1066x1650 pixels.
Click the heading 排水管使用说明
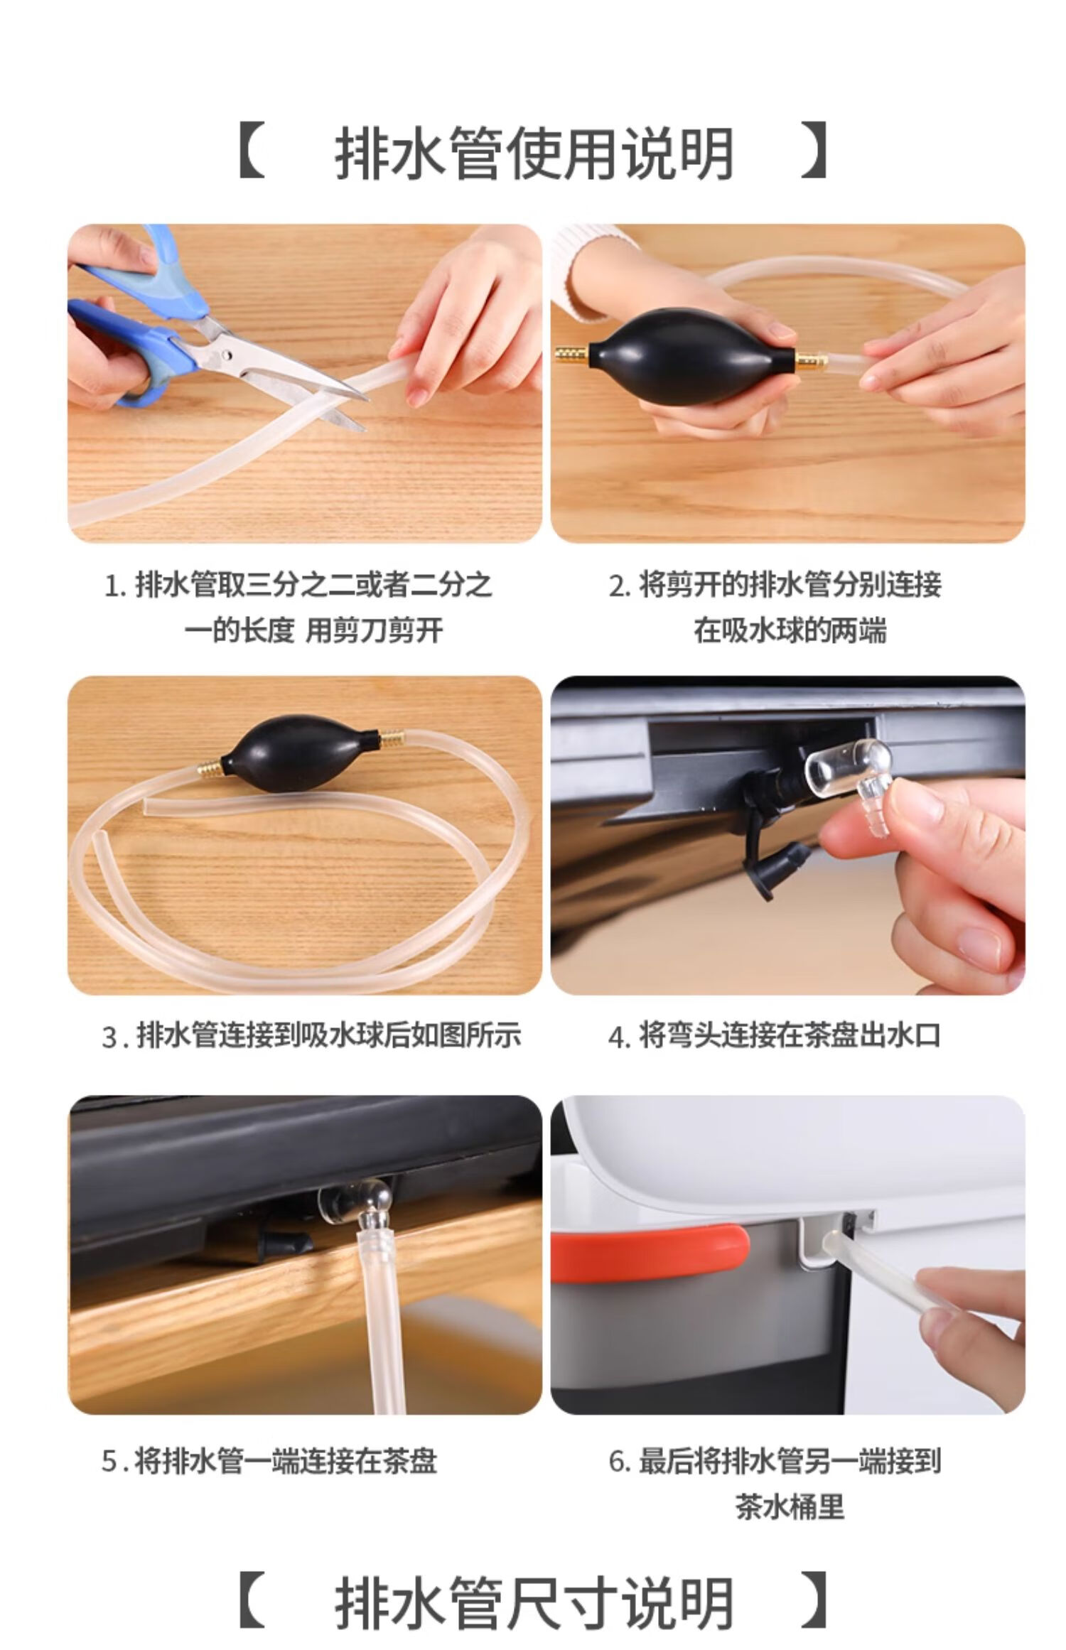(x=534, y=153)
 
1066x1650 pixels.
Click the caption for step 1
(x=299, y=607)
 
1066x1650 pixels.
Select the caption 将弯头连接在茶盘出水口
(x=790, y=1035)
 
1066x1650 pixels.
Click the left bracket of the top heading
(x=252, y=151)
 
